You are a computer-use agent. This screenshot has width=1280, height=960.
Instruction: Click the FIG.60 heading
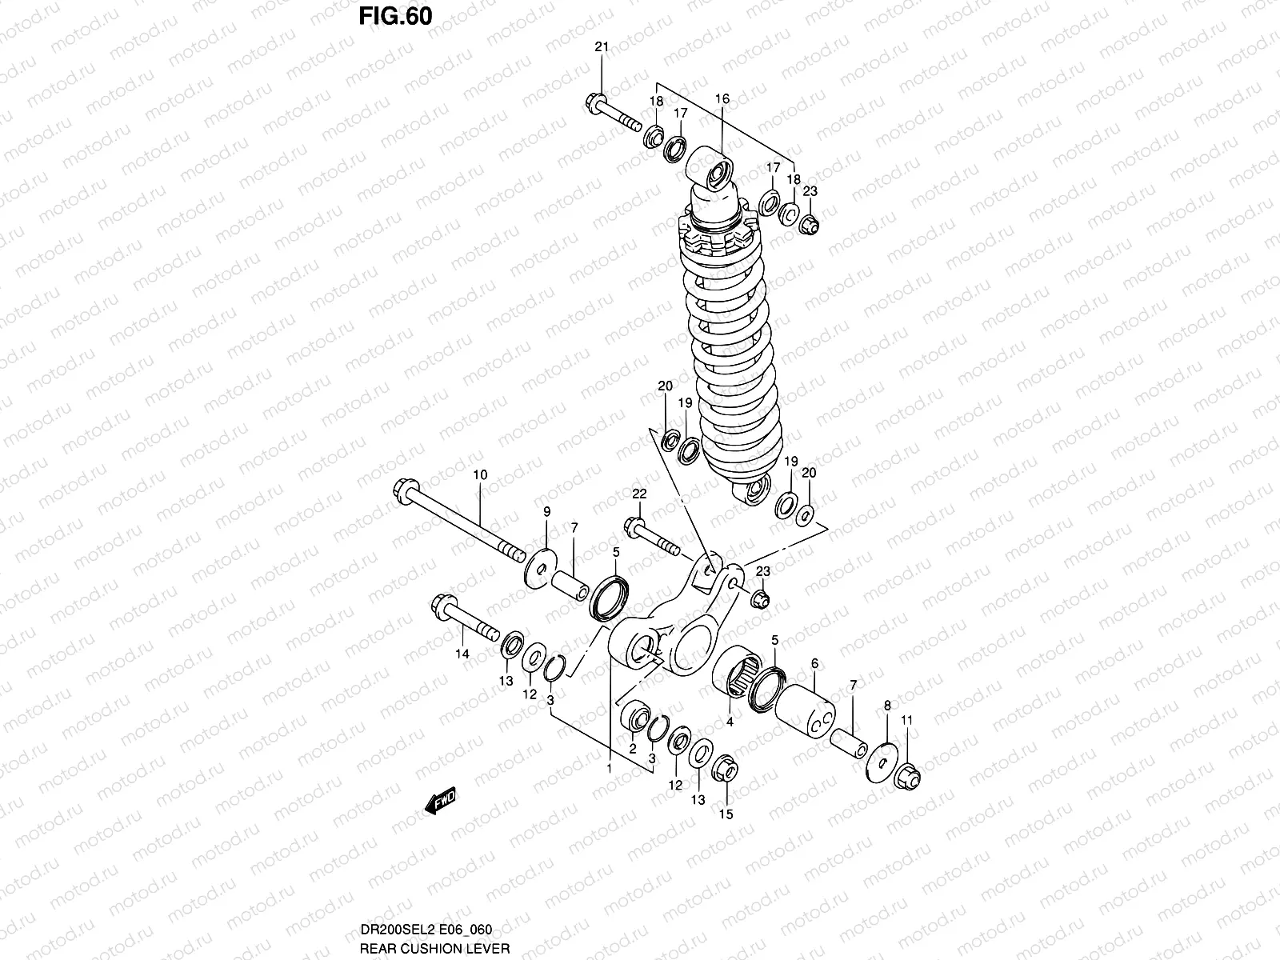click(395, 15)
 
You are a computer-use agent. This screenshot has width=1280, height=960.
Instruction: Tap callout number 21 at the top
click(602, 47)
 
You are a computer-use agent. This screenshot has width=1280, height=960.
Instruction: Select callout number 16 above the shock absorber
click(722, 99)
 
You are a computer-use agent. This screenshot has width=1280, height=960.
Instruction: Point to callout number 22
click(639, 494)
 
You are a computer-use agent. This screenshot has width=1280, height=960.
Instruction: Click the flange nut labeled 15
click(725, 767)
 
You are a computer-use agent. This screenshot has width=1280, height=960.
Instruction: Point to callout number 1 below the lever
click(609, 768)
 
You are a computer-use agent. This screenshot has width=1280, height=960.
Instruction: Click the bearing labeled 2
click(637, 714)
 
